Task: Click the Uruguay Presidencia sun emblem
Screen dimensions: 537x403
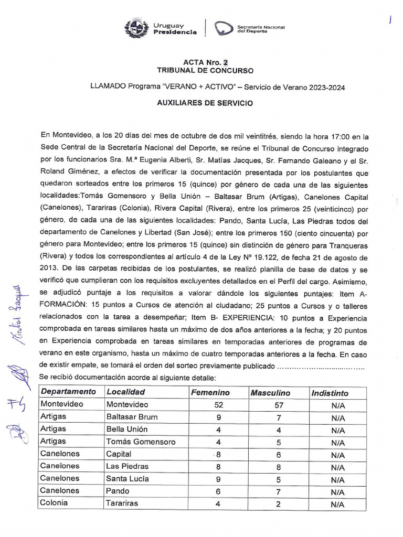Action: click(x=136, y=28)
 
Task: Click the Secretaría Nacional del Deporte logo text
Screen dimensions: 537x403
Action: click(x=260, y=29)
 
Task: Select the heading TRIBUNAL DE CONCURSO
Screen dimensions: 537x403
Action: click(x=205, y=70)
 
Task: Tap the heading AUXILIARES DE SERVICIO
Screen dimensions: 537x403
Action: click(x=205, y=103)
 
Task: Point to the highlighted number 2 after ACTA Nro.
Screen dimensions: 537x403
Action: click(x=225, y=62)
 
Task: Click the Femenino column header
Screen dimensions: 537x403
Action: click(x=210, y=392)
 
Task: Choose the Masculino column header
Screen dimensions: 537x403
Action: click(x=270, y=393)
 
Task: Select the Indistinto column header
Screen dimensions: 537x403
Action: click(x=330, y=393)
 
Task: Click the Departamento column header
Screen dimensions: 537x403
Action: click(x=68, y=392)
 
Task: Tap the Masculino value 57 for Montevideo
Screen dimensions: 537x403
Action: click(x=279, y=405)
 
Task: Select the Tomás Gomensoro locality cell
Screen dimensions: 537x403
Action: click(x=141, y=442)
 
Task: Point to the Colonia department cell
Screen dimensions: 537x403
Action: click(x=54, y=502)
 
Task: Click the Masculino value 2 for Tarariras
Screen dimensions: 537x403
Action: click(x=279, y=504)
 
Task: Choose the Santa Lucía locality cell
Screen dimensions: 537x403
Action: click(x=128, y=478)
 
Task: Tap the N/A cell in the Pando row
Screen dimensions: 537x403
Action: click(x=338, y=492)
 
